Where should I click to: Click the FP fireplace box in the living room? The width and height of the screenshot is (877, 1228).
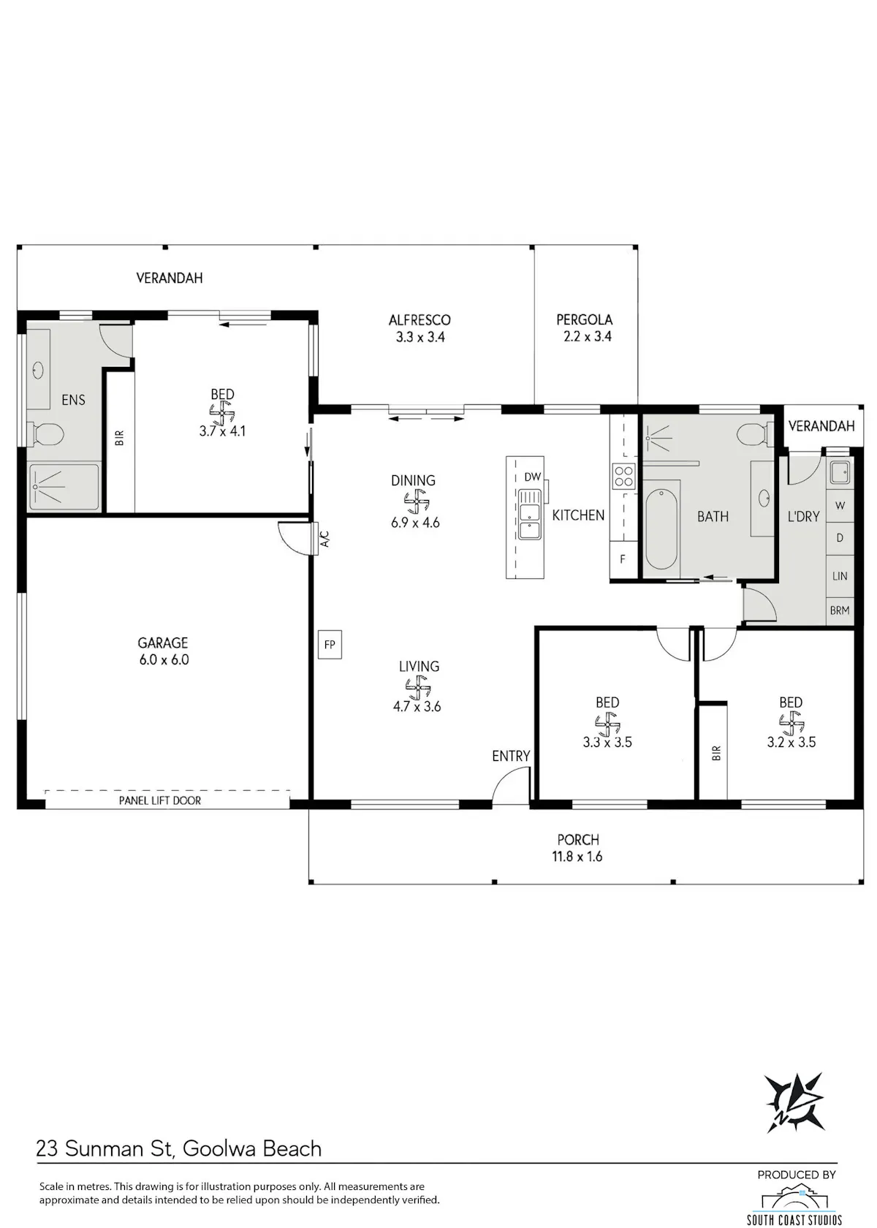330,644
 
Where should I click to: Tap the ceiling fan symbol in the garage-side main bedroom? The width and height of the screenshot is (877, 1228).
222,412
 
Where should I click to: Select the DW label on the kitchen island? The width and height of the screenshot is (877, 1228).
532,477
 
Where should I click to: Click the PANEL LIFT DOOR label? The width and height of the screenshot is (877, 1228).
159,800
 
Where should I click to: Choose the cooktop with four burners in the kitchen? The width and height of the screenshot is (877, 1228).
623,476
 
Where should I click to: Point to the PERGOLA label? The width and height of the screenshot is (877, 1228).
585,319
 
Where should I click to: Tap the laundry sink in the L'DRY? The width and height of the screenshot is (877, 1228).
839,472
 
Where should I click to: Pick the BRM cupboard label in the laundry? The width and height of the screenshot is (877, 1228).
839,610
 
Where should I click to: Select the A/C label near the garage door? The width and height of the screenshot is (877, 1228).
325,539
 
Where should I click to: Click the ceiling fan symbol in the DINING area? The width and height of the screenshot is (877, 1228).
417,501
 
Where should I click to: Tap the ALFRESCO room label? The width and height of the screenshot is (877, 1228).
419,319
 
